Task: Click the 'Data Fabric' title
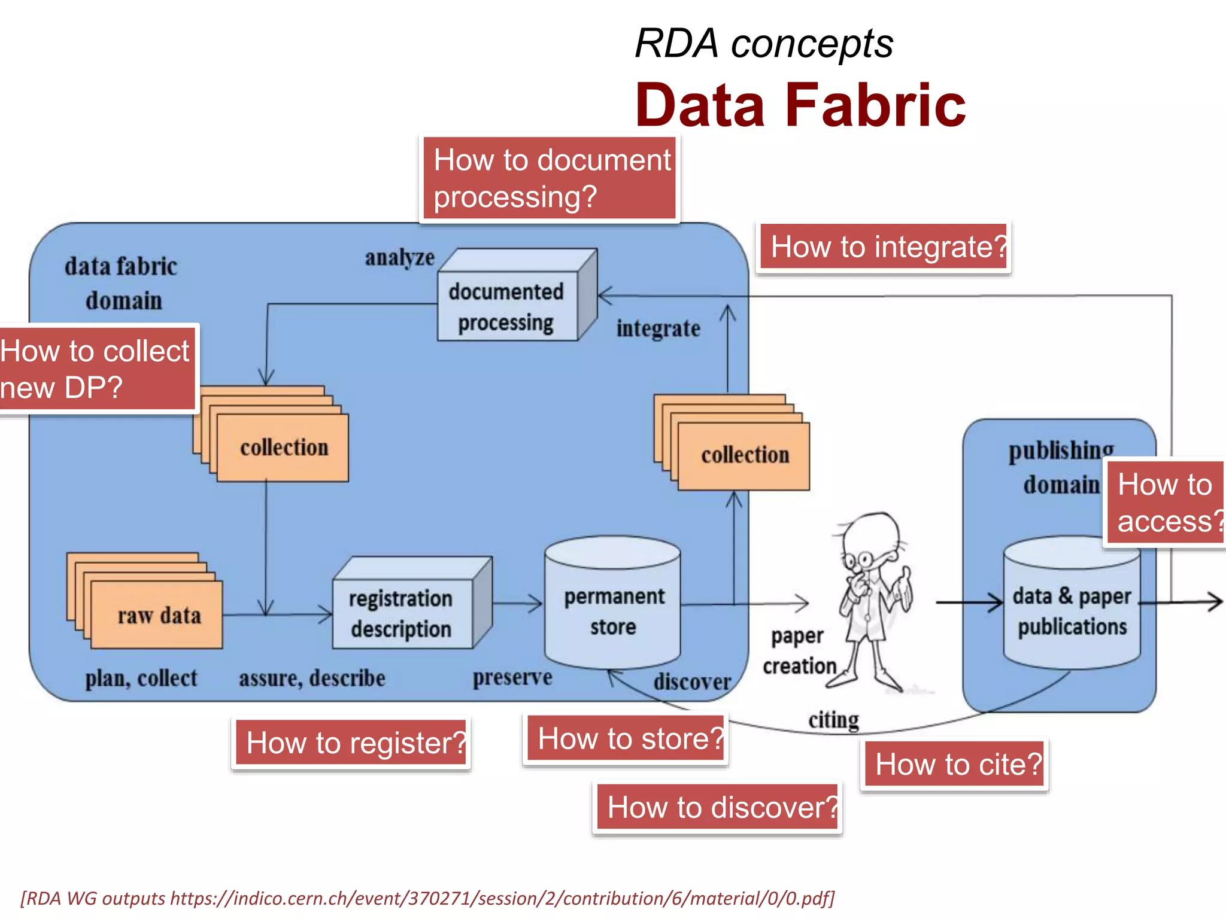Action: click(800, 106)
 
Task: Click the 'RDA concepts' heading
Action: click(763, 44)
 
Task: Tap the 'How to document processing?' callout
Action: click(550, 178)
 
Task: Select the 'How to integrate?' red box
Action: click(884, 247)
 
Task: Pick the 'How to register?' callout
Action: click(351, 742)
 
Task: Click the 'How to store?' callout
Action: click(626, 738)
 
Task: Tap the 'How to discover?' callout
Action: click(718, 807)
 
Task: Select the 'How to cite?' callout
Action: click(955, 765)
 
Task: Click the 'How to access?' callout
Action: click(1165, 503)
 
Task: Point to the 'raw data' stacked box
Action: click(157, 616)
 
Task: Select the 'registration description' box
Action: click(401, 614)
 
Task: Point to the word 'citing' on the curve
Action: click(833, 720)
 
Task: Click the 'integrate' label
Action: click(658, 328)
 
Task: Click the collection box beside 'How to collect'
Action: click(283, 448)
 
